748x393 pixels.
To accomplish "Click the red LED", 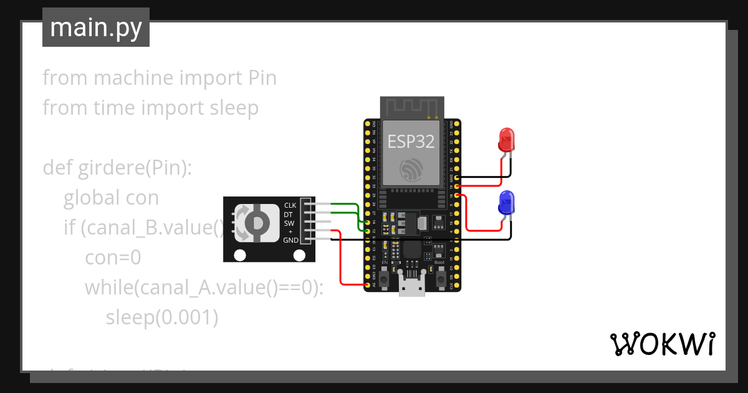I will pos(506,140).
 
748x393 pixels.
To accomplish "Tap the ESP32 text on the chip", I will pos(411,141).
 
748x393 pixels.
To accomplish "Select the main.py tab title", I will pos(96,27).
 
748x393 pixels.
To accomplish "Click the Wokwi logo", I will pos(662,344).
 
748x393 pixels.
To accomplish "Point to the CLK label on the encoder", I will pos(290,205).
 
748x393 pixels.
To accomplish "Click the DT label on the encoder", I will pos(288,214).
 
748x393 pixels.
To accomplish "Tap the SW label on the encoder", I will pos(289,223).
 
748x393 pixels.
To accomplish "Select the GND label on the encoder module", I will pos(290,240).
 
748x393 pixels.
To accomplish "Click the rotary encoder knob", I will pos(256,222).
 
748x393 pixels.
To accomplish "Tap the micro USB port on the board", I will pos(411,288).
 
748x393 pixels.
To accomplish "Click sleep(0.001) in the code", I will pos(161,318).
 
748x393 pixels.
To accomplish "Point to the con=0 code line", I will pos(113,258).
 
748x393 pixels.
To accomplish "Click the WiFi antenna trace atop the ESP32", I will pos(411,107).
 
